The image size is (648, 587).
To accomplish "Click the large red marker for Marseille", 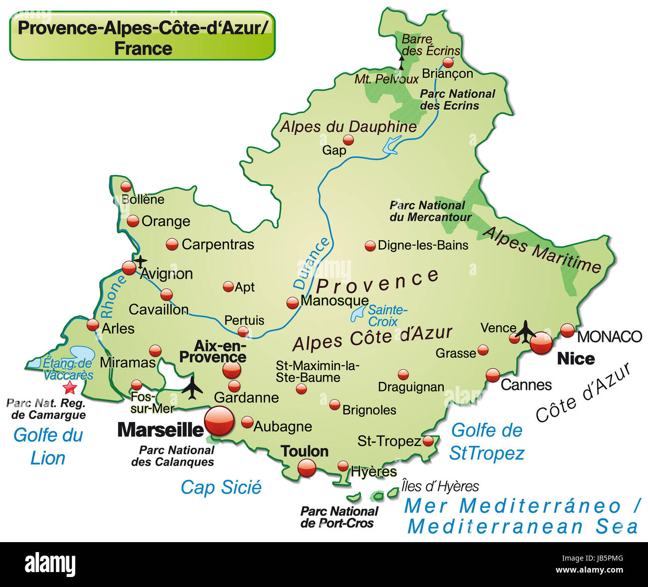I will pyautogui.click(x=219, y=421).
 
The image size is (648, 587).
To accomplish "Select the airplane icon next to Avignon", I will pyautogui.click(x=141, y=260).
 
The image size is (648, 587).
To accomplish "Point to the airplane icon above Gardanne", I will pyautogui.click(x=192, y=388).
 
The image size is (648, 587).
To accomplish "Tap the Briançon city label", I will pyautogui.click(x=447, y=74).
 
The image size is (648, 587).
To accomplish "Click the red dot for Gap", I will pyautogui.click(x=348, y=140).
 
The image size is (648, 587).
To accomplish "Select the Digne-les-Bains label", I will pyautogui.click(x=423, y=245).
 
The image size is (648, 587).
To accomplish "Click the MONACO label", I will pyautogui.click(x=609, y=337).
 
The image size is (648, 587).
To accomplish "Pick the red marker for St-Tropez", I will pyautogui.click(x=428, y=441).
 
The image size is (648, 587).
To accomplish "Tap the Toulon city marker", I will pyautogui.click(x=307, y=468).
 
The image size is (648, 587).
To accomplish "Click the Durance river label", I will pyautogui.click(x=312, y=263).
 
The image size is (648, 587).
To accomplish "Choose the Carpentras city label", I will pyautogui.click(x=218, y=244).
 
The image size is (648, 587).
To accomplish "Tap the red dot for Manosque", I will pyautogui.click(x=293, y=303).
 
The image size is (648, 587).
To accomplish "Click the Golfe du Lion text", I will pyautogui.click(x=48, y=446).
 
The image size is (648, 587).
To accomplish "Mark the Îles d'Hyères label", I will pyautogui.click(x=440, y=486).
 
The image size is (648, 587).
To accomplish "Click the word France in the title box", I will pyautogui.click(x=143, y=49).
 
